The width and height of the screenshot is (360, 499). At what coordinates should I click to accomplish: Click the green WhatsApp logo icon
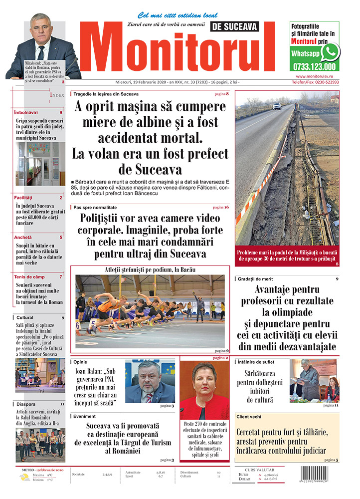tap(329, 52)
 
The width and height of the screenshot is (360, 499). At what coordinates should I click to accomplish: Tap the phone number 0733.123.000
tap(315, 66)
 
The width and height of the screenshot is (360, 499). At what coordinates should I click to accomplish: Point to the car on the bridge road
tap(277, 106)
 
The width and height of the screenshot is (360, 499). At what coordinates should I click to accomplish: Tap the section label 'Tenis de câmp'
tap(30, 276)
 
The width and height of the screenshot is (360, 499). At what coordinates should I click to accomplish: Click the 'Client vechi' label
tap(250, 416)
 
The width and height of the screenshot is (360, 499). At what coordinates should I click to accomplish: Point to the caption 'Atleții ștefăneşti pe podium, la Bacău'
tap(150, 270)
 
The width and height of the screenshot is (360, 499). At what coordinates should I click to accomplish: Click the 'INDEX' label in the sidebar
tap(57, 94)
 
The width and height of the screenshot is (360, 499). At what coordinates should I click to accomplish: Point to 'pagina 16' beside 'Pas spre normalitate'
tap(221, 207)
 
